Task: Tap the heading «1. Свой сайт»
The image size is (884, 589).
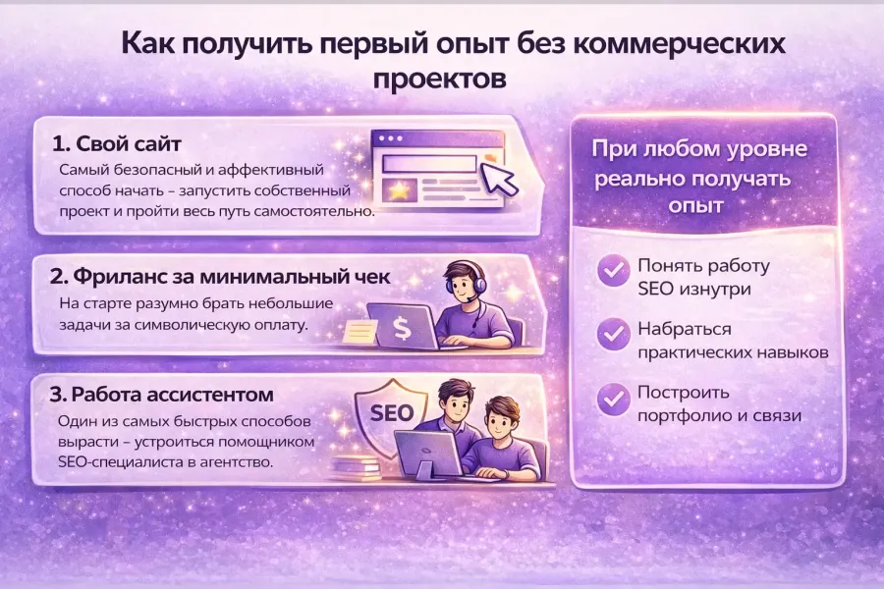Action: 117,143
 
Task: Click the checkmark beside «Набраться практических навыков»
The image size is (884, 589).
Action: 615,335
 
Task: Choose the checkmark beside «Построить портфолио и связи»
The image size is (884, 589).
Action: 615,399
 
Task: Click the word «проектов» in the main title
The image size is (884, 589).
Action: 440,78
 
